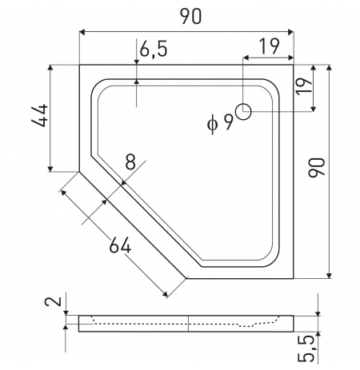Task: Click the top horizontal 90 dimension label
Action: pos(191,16)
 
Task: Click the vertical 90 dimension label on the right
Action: pos(317,168)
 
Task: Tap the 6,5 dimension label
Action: pos(154,49)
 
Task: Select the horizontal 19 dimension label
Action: pos(270,46)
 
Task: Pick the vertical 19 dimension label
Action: pos(303,86)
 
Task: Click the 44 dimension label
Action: pos(40,115)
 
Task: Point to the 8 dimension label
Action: pos(130,161)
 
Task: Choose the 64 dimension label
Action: pos(120,245)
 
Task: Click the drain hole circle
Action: pos(243,112)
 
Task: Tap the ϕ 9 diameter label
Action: pos(220,123)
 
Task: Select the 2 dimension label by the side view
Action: pos(53,301)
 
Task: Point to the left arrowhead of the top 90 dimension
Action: pos(82,33)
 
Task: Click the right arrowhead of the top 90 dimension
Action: pos(290,33)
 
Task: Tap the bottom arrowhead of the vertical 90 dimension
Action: pos(330,276)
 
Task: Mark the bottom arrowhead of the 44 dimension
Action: pos(50,169)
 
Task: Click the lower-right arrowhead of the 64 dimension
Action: pos(166,294)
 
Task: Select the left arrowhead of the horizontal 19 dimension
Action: pos(246,58)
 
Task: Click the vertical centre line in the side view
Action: pos(188,324)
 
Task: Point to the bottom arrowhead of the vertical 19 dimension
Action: pos(314,109)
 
